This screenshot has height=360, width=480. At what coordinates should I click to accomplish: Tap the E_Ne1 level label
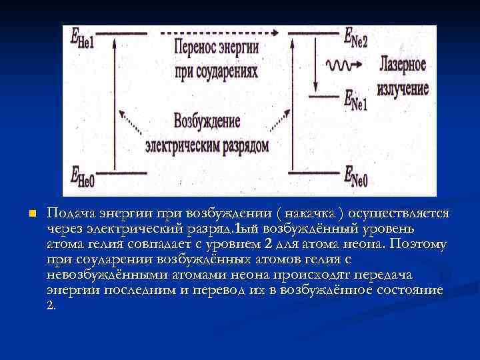[355, 99]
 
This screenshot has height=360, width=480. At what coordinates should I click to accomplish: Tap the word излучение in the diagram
[403, 87]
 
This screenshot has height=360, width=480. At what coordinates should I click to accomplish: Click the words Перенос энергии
[215, 49]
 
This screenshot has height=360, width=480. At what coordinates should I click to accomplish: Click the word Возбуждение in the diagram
[207, 122]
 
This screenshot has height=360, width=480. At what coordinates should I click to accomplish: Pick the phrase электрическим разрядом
[207, 144]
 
